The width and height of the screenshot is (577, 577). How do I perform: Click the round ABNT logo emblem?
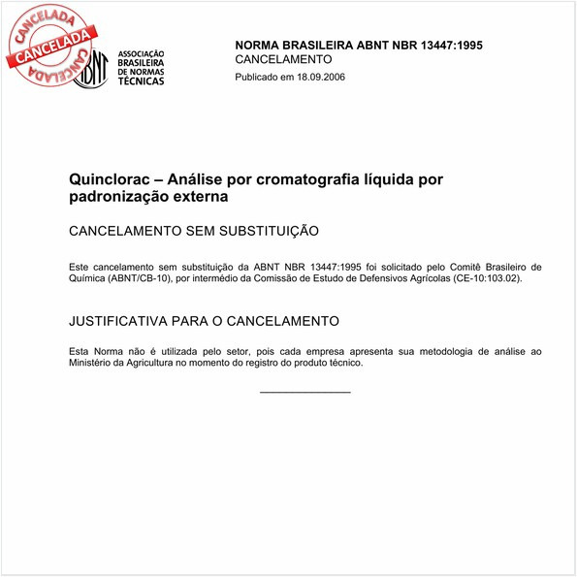point(92,67)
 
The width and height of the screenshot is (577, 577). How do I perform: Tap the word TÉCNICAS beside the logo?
point(141,81)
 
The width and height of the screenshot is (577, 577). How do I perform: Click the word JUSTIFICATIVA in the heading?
point(119,320)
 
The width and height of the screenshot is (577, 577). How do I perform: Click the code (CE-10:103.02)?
point(480,278)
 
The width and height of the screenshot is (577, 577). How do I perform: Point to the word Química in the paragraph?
point(89,278)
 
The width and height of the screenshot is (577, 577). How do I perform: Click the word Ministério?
point(93,363)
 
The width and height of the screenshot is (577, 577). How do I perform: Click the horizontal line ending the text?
point(305,392)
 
